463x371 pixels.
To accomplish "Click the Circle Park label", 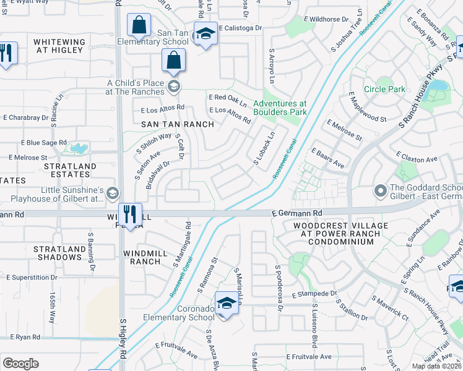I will coord(384,89).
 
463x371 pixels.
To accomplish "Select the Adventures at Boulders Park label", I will coord(280,108).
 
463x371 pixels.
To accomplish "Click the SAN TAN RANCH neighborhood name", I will coord(177,124).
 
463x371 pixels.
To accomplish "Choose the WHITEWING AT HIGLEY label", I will coord(59,46).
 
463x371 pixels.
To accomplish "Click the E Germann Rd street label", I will coord(297,213).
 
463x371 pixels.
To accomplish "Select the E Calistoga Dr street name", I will coord(239,28).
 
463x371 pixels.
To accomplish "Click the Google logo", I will coord(20,364).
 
